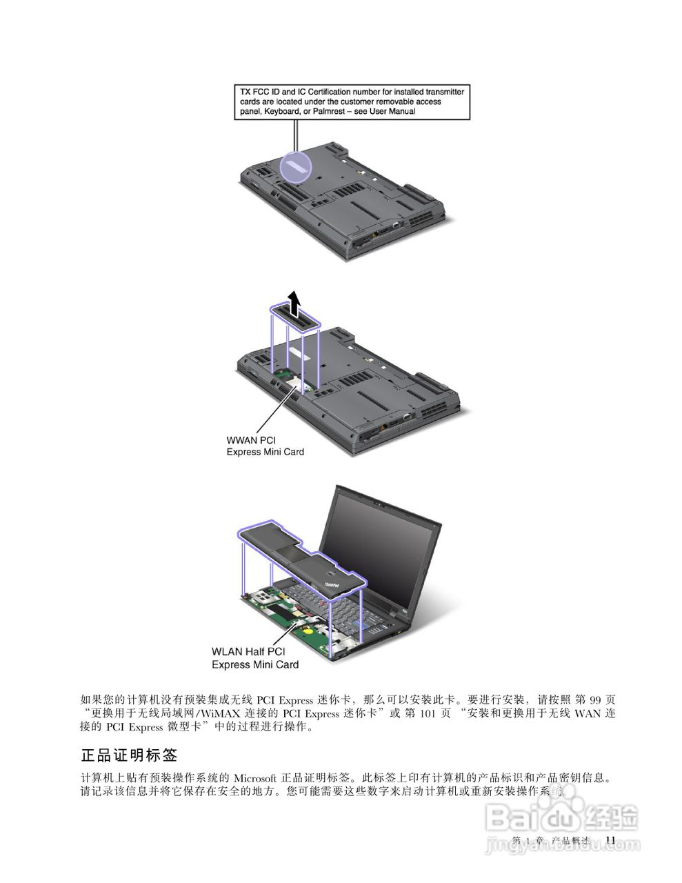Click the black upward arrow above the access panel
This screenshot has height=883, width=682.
point(294,302)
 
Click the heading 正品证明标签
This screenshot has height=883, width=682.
point(130,755)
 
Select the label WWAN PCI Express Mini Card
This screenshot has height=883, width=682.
point(265,446)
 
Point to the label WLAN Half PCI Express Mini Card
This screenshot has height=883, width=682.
point(254,657)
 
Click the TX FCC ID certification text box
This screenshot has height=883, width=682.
point(351,101)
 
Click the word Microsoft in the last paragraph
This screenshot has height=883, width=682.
point(255,778)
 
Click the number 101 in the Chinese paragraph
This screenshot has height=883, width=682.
point(427,713)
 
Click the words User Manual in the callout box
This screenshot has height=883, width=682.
point(392,111)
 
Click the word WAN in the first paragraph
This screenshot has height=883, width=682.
point(588,713)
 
